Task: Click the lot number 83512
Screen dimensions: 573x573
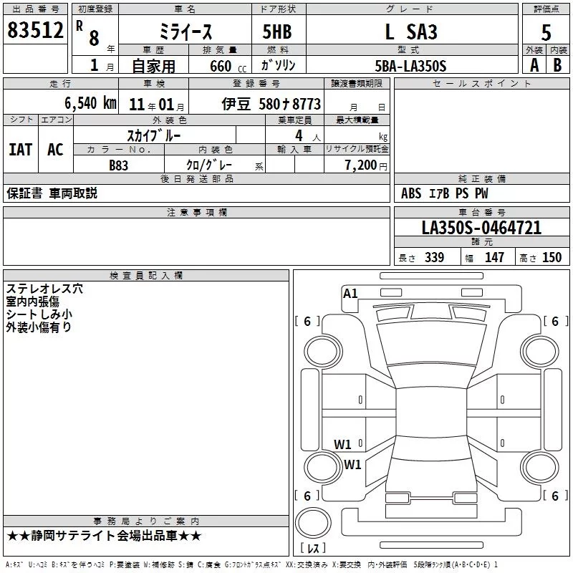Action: pyautogui.click(x=35, y=30)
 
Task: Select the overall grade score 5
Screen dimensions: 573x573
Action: pyautogui.click(x=546, y=33)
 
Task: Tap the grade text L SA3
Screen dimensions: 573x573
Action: pyautogui.click(x=411, y=32)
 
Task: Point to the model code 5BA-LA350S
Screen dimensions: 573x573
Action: pyautogui.click(x=410, y=66)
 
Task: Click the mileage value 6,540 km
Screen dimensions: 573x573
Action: pyautogui.click(x=91, y=103)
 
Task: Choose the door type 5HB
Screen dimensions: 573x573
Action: pyautogui.click(x=277, y=32)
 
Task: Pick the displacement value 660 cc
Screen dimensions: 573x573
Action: pyautogui.click(x=228, y=66)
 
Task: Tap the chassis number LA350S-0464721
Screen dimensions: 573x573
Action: pyautogui.click(x=481, y=228)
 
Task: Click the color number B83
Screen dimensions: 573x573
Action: pyautogui.click(x=118, y=165)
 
